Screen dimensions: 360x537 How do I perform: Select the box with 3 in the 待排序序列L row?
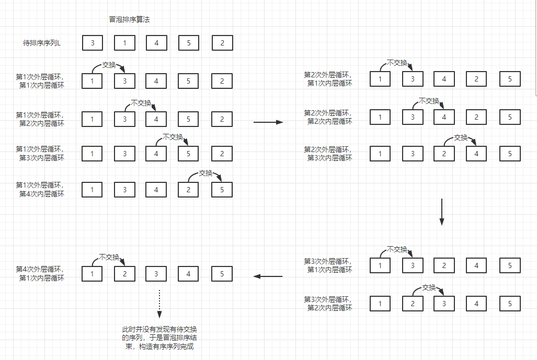[93, 43]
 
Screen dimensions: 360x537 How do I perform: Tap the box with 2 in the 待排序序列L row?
[222, 43]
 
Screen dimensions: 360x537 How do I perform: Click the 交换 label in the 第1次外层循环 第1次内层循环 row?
[109, 65]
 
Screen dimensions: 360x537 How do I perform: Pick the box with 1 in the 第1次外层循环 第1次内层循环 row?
[93, 81]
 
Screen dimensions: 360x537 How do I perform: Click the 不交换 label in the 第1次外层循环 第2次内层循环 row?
[141, 103]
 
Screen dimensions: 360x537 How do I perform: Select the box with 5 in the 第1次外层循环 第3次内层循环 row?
[189, 154]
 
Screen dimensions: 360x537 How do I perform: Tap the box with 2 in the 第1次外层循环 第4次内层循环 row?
[189, 190]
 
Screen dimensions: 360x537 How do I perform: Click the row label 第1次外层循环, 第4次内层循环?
[40, 189]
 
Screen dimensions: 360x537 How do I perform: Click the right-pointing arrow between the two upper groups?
[268, 122]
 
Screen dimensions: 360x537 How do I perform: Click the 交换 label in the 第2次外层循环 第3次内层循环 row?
[461, 137]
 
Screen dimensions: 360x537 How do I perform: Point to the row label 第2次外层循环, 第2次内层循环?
[328, 117]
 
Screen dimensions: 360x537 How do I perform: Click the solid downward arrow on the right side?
[441, 212]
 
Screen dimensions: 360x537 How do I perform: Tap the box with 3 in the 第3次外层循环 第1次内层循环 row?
[413, 265]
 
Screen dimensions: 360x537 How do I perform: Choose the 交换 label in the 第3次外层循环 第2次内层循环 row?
[429, 287]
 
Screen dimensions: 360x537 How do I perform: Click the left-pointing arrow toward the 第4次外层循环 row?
[268, 276]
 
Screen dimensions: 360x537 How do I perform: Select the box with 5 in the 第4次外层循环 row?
[222, 273]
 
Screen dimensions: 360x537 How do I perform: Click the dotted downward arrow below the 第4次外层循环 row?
[159, 304]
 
